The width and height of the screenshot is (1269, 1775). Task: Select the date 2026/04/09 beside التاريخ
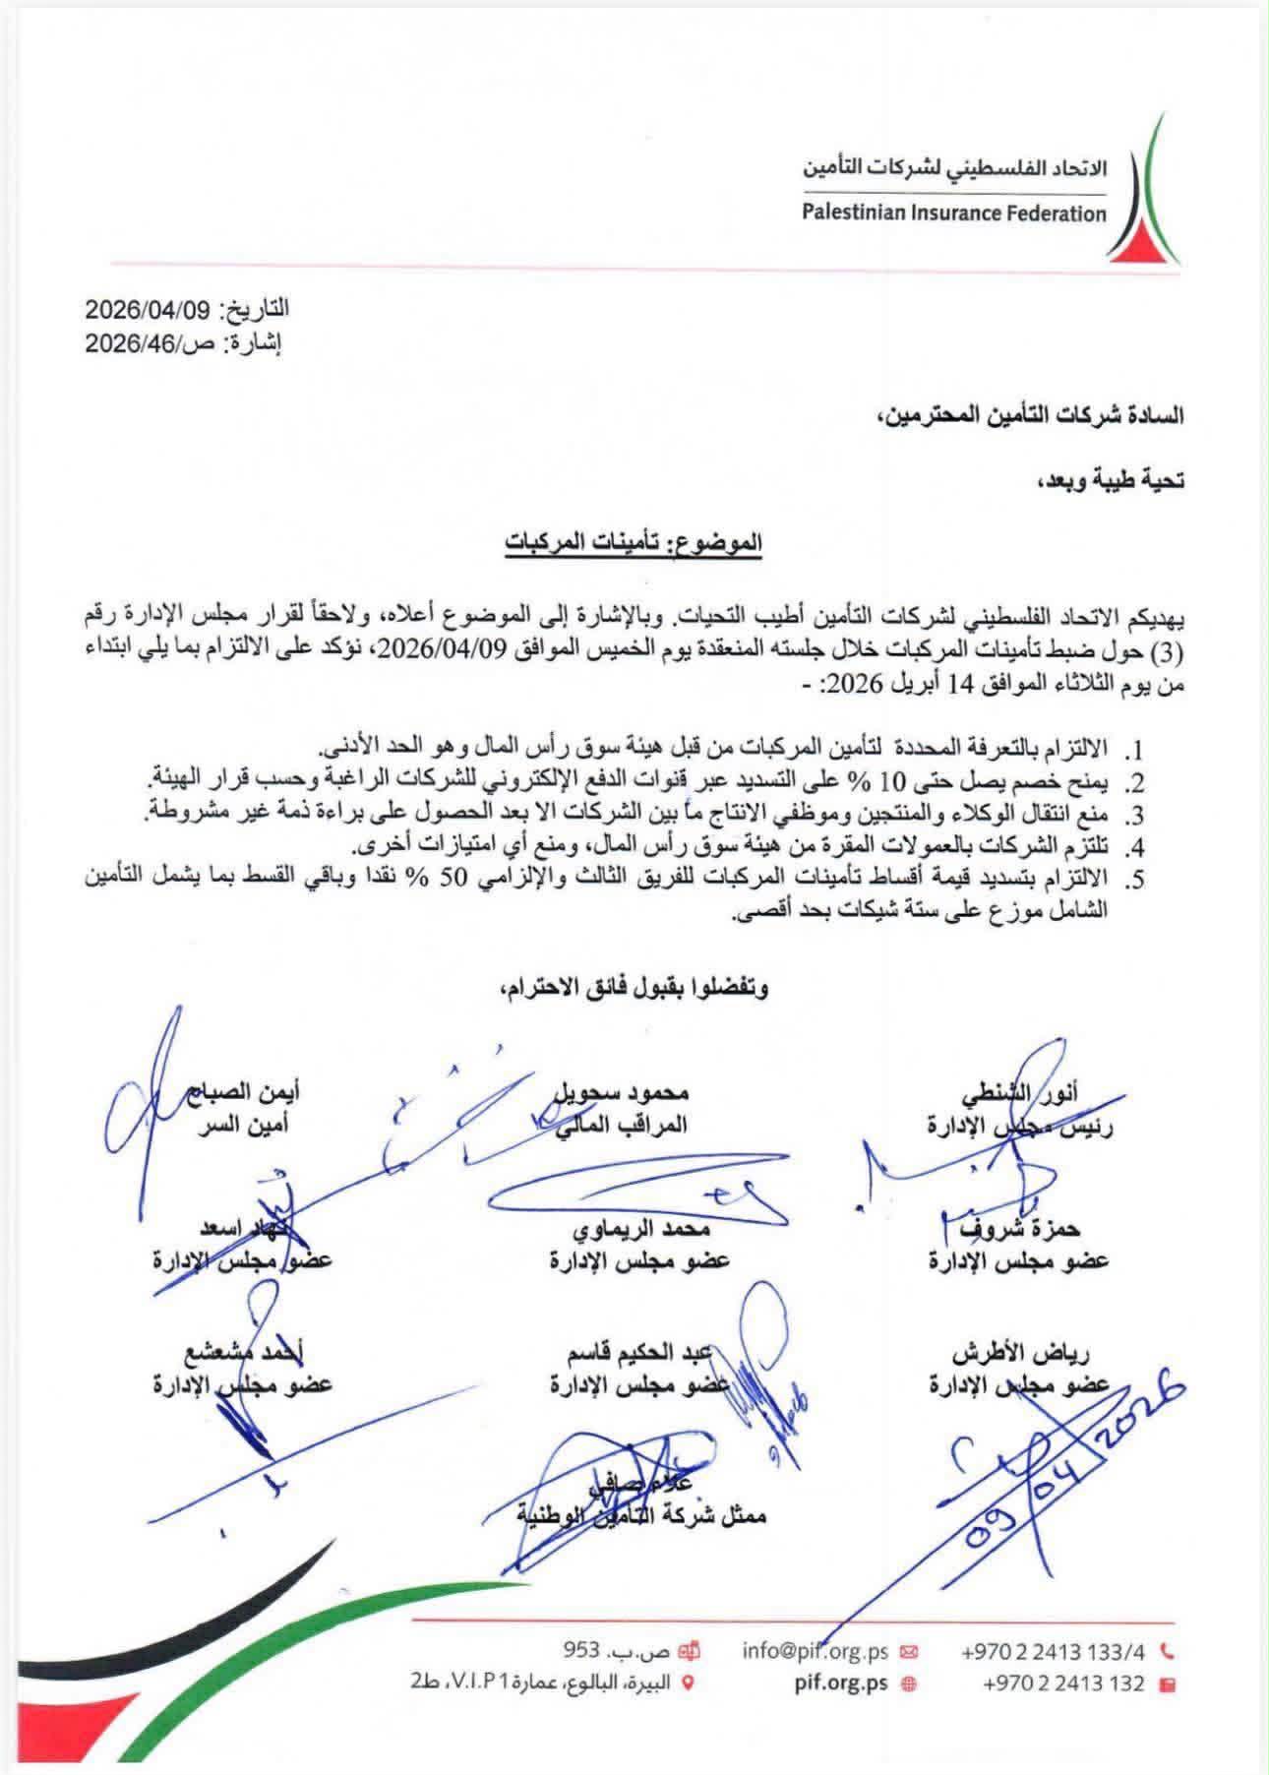(x=149, y=309)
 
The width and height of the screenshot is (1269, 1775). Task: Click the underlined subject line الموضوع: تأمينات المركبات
(x=633, y=540)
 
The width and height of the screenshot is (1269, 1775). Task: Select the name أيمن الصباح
(x=250, y=1092)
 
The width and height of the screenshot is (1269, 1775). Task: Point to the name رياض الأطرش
(x=1022, y=1354)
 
